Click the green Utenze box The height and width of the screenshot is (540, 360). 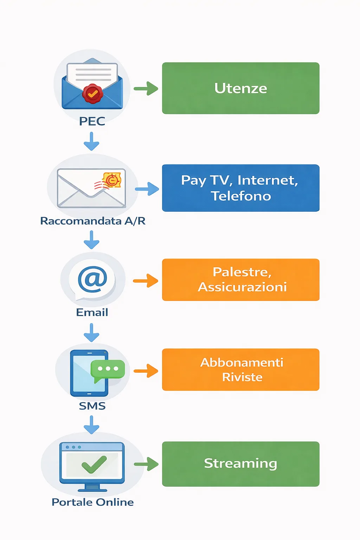(x=240, y=88)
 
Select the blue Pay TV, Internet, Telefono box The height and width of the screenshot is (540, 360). (x=240, y=188)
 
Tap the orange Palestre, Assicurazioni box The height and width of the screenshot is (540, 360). (x=240, y=280)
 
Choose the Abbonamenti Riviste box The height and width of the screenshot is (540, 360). (x=240, y=369)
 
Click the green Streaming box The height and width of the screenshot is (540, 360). (x=240, y=464)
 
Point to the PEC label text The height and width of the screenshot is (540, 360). (x=92, y=121)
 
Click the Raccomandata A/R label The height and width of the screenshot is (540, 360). (x=92, y=221)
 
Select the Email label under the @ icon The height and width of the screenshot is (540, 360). (x=92, y=312)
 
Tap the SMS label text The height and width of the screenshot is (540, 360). (x=92, y=406)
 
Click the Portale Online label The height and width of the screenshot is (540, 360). (x=92, y=502)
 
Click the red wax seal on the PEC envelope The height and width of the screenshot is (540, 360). (x=92, y=94)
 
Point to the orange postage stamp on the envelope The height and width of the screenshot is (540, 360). (x=112, y=180)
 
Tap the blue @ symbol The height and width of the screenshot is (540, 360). (x=92, y=279)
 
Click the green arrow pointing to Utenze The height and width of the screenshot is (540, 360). (x=146, y=89)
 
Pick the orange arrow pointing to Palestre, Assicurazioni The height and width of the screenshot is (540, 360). (x=146, y=281)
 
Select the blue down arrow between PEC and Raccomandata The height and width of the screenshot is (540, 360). (x=91, y=141)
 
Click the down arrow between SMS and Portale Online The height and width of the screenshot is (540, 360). (x=91, y=425)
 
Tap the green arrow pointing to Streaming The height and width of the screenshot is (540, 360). (x=146, y=464)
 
